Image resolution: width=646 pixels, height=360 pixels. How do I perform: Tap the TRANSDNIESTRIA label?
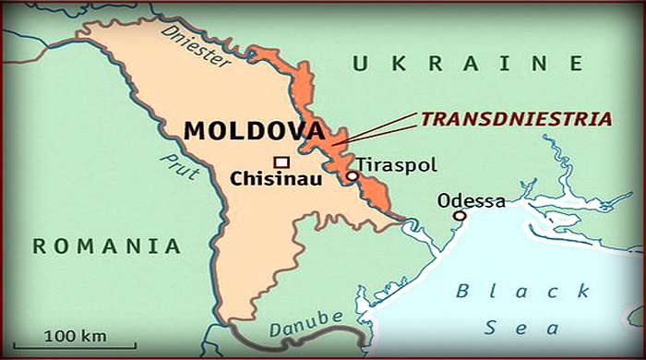(517, 119)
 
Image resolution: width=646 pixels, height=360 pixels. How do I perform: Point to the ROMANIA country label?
(105, 246)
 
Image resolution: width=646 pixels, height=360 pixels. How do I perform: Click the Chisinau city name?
(275, 179)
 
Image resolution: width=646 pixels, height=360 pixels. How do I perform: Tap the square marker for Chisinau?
(281, 162)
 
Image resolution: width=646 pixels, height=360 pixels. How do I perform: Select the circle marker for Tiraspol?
(352, 175)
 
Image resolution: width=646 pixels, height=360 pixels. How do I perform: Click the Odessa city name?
(472, 200)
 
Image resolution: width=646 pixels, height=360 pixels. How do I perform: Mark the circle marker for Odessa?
(459, 216)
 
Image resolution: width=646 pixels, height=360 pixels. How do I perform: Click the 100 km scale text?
(79, 333)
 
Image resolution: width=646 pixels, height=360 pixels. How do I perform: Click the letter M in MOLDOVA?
(195, 130)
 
